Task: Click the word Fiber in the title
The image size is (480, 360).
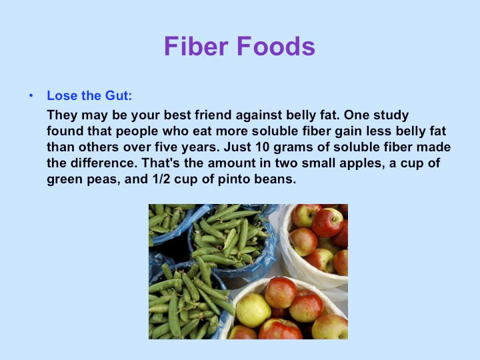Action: point(196,46)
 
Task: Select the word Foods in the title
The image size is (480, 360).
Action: point(276,46)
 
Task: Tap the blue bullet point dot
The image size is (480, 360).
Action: point(31,96)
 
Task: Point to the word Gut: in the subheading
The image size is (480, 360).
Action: point(119,96)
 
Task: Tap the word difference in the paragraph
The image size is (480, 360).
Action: point(103,163)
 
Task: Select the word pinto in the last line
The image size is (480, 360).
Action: point(233,179)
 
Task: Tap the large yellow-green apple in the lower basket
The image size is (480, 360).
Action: point(253,310)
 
